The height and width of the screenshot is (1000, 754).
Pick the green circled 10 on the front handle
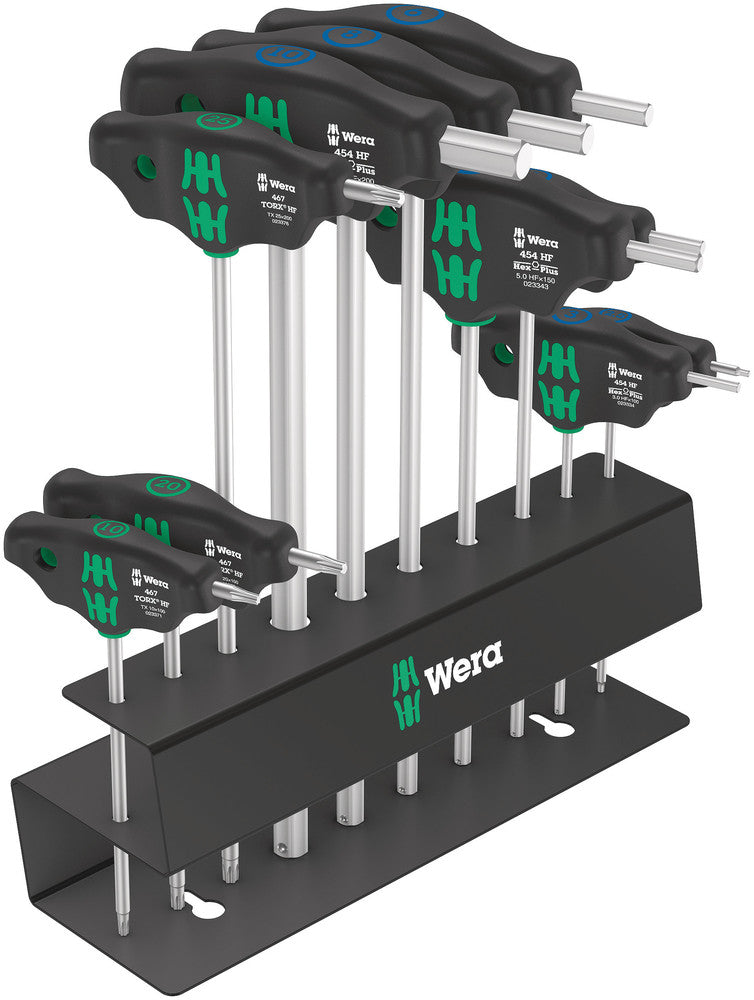109,528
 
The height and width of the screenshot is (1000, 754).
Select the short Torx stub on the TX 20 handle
317,561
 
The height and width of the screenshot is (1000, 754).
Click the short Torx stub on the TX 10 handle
237,595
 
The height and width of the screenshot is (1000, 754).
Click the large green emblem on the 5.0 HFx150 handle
456,254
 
